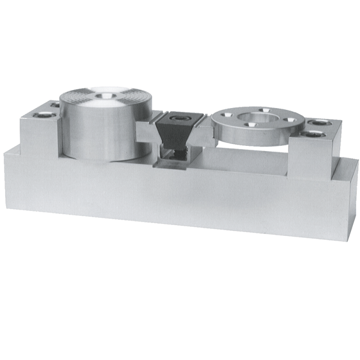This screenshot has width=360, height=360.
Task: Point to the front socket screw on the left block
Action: coord(45,115)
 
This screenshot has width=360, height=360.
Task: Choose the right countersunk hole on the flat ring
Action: coord(289,119)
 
